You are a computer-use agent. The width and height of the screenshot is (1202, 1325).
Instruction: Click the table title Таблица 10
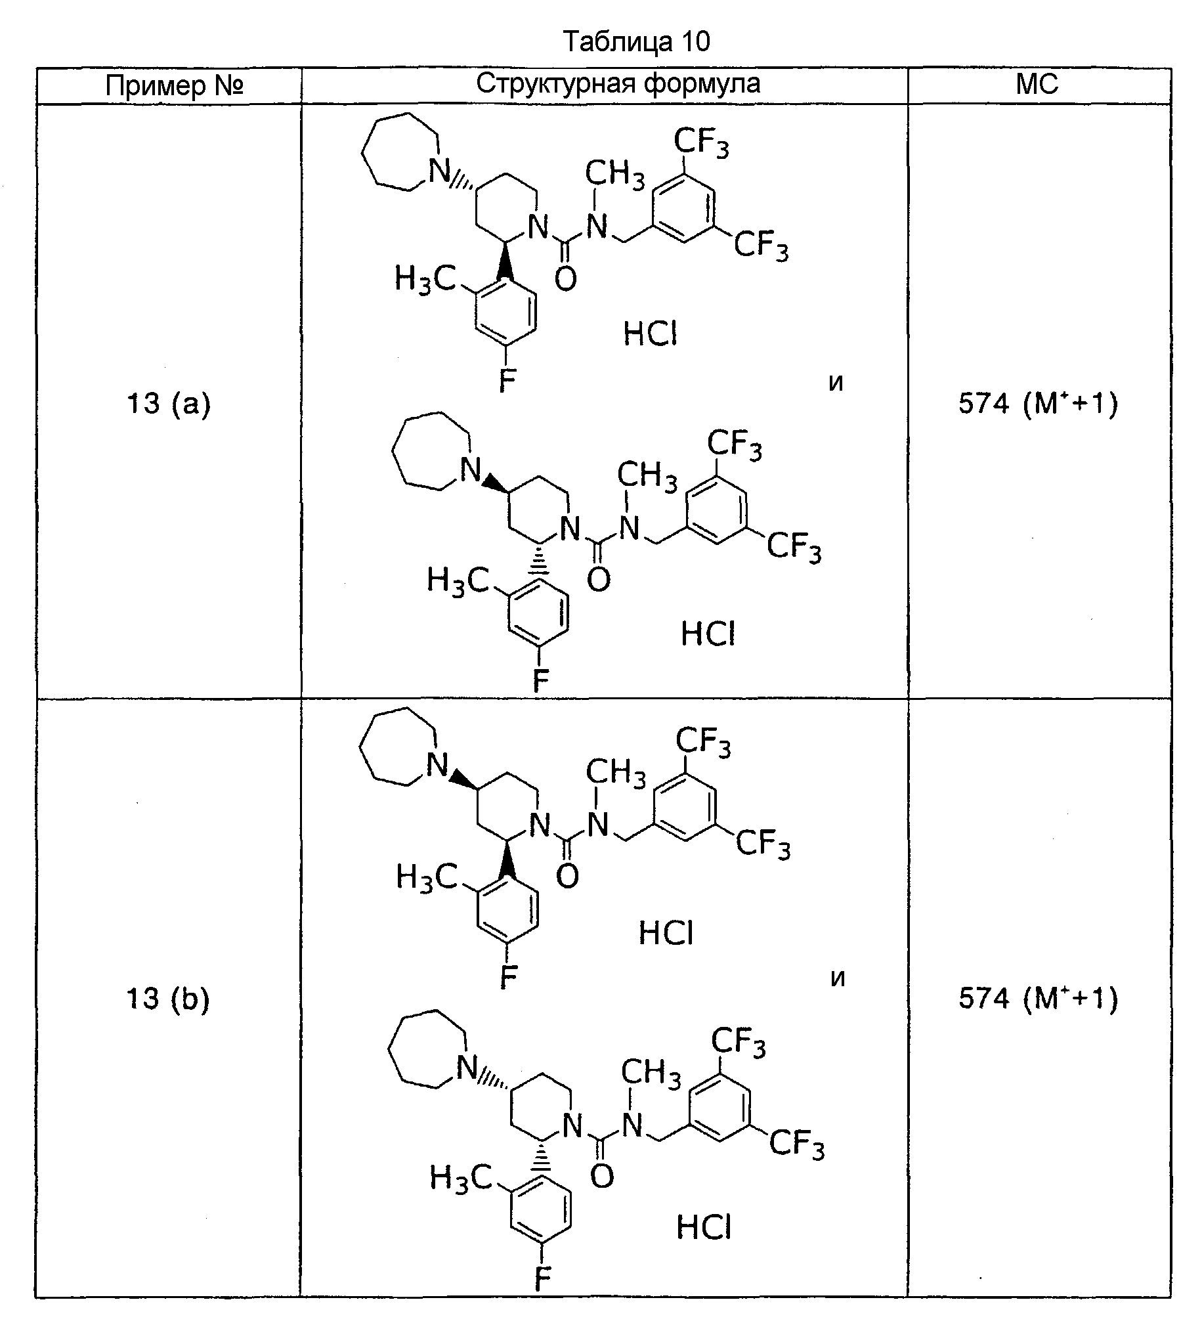pyautogui.click(x=637, y=42)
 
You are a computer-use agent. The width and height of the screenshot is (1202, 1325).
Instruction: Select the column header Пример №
pyautogui.click(x=175, y=85)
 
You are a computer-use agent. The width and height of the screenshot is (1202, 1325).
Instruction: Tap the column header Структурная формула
pyautogui.click(x=618, y=84)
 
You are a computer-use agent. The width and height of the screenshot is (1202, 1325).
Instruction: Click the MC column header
pyautogui.click(x=1037, y=84)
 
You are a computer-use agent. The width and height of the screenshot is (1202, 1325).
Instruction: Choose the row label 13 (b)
pyautogui.click(x=167, y=999)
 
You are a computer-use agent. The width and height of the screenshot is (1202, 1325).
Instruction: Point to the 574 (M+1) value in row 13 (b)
pyautogui.click(x=1039, y=999)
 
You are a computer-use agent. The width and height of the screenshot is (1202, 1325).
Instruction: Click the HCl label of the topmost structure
pyautogui.click(x=650, y=335)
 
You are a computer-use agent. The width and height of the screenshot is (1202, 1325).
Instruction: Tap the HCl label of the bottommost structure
pyautogui.click(x=704, y=1227)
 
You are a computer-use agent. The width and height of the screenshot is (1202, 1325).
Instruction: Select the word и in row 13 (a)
pyautogui.click(x=836, y=383)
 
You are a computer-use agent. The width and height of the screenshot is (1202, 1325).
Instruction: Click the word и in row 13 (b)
pyautogui.click(x=837, y=978)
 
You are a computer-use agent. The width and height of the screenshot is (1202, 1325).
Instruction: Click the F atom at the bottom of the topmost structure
pyautogui.click(x=507, y=380)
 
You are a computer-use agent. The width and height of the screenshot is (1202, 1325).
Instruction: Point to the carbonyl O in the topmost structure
pyautogui.click(x=566, y=278)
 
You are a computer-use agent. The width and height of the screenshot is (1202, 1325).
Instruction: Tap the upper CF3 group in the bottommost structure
pyautogui.click(x=738, y=1044)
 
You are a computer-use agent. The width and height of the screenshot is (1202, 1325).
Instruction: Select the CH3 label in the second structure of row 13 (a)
pyautogui.click(x=647, y=475)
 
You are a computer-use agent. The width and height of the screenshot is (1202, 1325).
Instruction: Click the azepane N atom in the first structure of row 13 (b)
pyautogui.click(x=438, y=765)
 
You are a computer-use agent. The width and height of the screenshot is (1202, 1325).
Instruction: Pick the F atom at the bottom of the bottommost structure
pyautogui.click(x=542, y=1279)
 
